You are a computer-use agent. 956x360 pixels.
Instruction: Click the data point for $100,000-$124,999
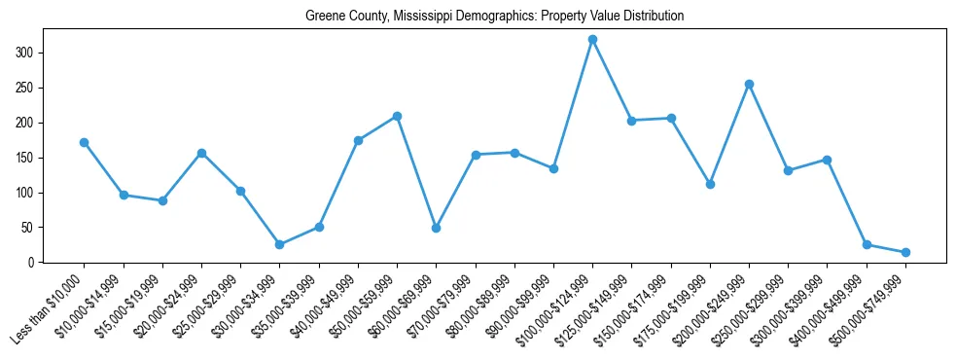tap(592, 39)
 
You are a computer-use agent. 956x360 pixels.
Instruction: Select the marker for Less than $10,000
tap(85, 142)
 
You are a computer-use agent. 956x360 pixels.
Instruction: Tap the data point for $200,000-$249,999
tap(749, 84)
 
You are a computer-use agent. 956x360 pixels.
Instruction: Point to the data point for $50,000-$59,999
tap(397, 116)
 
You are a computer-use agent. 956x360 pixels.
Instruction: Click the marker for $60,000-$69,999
tap(436, 228)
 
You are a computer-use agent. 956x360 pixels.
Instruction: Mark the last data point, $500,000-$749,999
tap(905, 252)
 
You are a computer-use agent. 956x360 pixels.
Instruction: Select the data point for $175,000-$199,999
tap(710, 184)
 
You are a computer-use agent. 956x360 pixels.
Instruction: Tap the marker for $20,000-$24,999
tap(201, 153)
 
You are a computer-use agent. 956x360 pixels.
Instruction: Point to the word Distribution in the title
tap(648, 17)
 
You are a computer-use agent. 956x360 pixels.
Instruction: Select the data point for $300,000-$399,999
tap(827, 160)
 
